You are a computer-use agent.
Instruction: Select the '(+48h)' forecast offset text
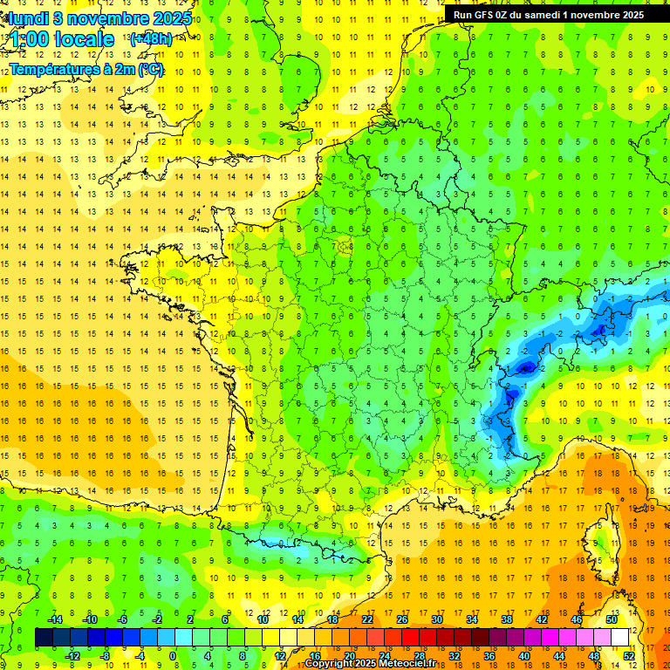click(150, 39)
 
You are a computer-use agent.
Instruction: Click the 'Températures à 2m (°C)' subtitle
click(86, 69)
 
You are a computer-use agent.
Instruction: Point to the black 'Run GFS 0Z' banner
click(548, 14)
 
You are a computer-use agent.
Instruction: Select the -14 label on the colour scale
click(54, 619)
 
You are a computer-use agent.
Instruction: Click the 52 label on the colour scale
click(629, 655)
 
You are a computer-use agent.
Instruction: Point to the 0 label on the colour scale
click(173, 655)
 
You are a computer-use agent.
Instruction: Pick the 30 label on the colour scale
click(437, 619)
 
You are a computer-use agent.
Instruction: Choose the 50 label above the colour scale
click(612, 619)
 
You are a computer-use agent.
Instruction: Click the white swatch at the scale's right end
click(619, 637)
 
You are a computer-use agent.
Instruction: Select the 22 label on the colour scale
click(367, 619)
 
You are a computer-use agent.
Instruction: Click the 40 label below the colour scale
click(524, 655)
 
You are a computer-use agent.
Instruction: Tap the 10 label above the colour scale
click(263, 619)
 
